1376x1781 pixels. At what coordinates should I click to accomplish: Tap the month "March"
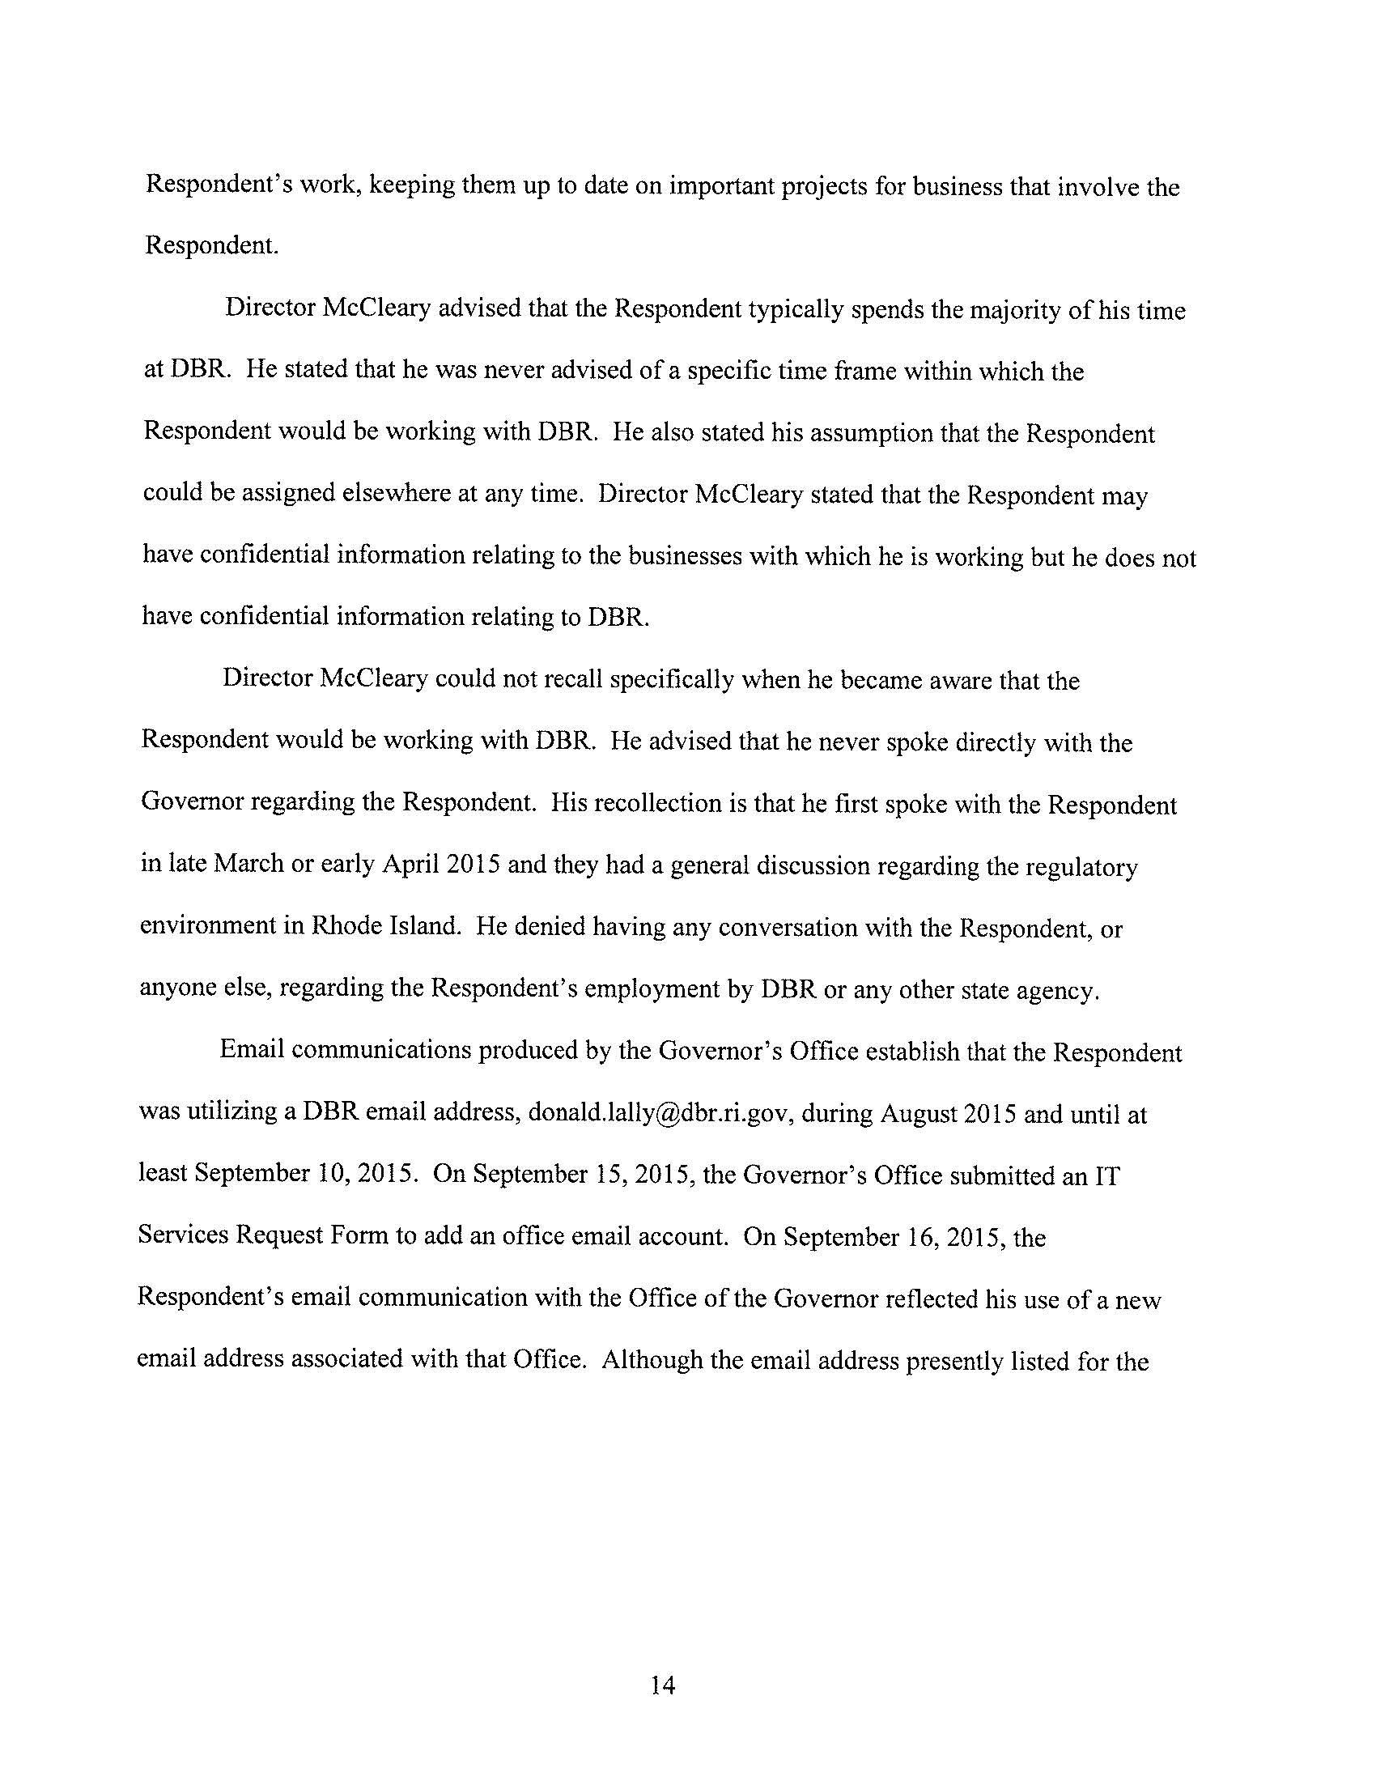pos(248,865)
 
